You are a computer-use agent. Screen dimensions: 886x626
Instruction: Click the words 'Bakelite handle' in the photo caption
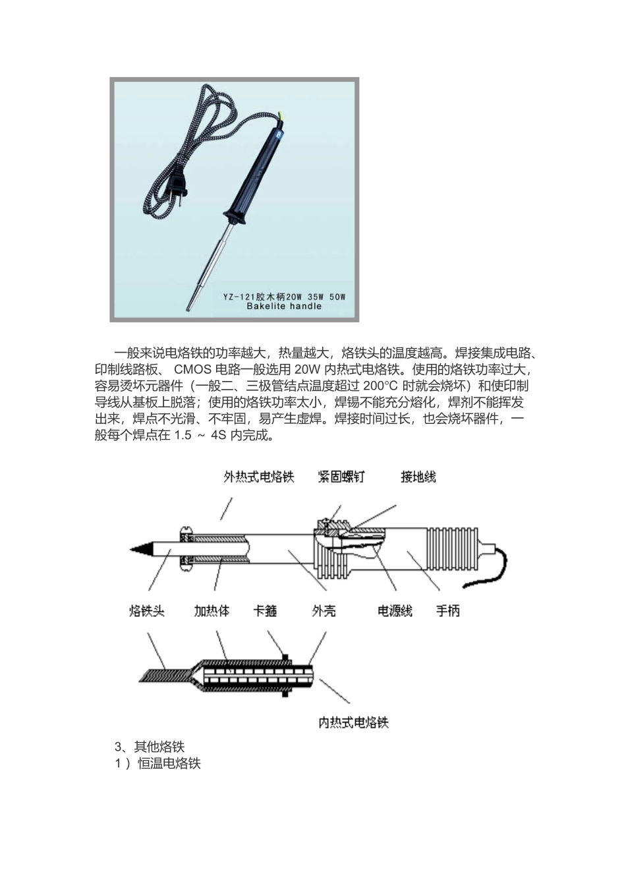point(284,307)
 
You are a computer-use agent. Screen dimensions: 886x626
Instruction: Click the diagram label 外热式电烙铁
point(259,477)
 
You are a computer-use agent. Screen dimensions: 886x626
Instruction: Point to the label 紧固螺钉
point(341,477)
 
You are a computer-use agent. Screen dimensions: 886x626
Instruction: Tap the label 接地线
point(418,477)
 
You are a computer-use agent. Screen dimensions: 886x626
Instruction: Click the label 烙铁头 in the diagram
point(146,611)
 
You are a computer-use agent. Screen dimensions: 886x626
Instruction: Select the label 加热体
point(212,611)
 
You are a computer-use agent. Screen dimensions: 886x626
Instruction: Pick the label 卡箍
point(265,611)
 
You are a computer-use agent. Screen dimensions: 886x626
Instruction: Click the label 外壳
point(324,611)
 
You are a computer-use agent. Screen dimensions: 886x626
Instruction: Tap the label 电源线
point(395,611)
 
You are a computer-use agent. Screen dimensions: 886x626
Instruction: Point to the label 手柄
point(448,611)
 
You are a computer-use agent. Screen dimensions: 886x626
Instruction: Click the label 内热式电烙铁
point(354,723)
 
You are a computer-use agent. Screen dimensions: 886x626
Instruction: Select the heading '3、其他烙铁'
point(150,747)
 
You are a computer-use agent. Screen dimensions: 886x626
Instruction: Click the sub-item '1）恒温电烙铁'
point(158,763)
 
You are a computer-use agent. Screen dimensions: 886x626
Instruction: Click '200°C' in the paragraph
point(382,386)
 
